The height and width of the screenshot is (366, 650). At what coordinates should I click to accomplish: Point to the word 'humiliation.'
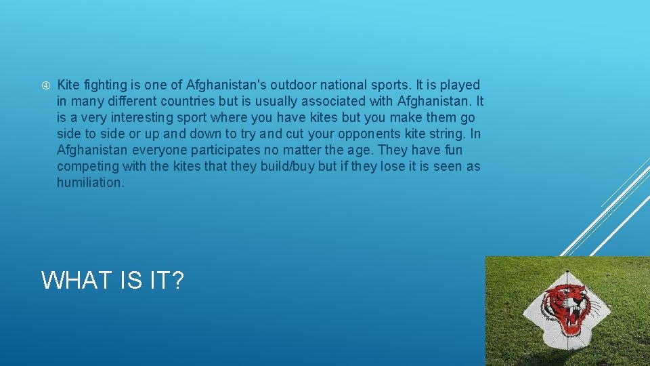[x=91, y=183]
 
